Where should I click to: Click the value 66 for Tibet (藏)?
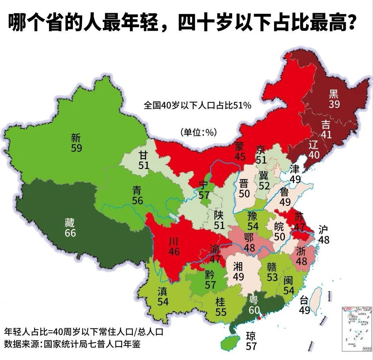tap(70, 233)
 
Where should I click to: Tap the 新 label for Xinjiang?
tap(76, 138)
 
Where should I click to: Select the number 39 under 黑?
tap(334, 104)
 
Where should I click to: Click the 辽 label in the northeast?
tap(314, 145)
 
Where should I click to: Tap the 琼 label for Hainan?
tap(251, 335)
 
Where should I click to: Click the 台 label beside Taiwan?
tap(304, 300)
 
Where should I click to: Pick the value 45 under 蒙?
tap(240, 157)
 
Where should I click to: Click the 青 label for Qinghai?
tap(137, 190)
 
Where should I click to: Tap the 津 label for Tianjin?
tap(295, 169)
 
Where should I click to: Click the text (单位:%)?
tap(198, 132)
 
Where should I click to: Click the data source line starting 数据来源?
tap(72, 344)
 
